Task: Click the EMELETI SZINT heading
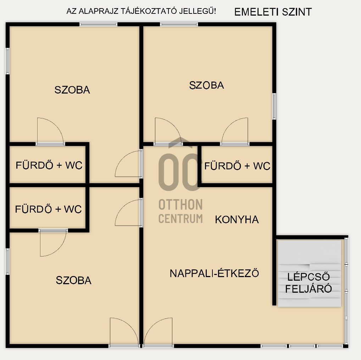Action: [x=273, y=12]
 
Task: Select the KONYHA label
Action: [x=237, y=220]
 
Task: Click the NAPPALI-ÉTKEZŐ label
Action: [x=214, y=273]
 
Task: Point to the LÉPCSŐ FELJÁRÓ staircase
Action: [x=309, y=273]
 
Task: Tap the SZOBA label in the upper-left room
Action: [x=72, y=90]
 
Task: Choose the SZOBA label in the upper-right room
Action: [x=206, y=85]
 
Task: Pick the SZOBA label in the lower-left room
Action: [x=73, y=280]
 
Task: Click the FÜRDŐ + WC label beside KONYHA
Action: [x=237, y=166]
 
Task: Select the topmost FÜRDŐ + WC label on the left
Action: [x=49, y=165]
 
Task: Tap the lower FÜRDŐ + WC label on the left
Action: [x=48, y=209]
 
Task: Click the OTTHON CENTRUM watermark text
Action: [x=180, y=212]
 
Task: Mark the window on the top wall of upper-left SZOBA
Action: [x=98, y=24]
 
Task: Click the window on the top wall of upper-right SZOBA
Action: [x=179, y=24]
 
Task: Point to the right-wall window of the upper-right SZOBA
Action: [x=274, y=106]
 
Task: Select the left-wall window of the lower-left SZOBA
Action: [x=7, y=261]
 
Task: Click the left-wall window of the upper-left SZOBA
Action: [x=7, y=61]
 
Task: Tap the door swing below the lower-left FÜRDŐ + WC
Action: [x=53, y=243]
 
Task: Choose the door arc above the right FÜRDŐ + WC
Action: [x=235, y=131]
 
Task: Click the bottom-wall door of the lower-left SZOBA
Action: [x=124, y=332]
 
